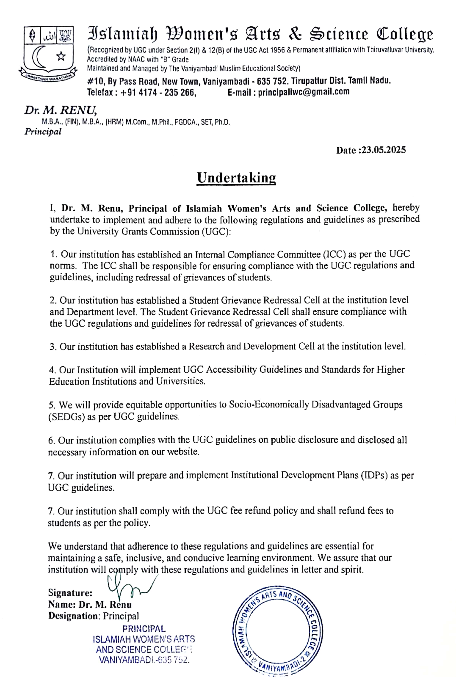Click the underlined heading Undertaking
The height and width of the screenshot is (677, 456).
[236, 178]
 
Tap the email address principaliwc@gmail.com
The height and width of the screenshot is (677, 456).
[304, 92]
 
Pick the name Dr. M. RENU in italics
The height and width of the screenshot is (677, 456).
[60, 110]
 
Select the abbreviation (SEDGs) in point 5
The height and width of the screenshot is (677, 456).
[67, 417]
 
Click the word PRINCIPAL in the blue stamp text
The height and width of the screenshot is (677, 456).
[144, 629]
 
